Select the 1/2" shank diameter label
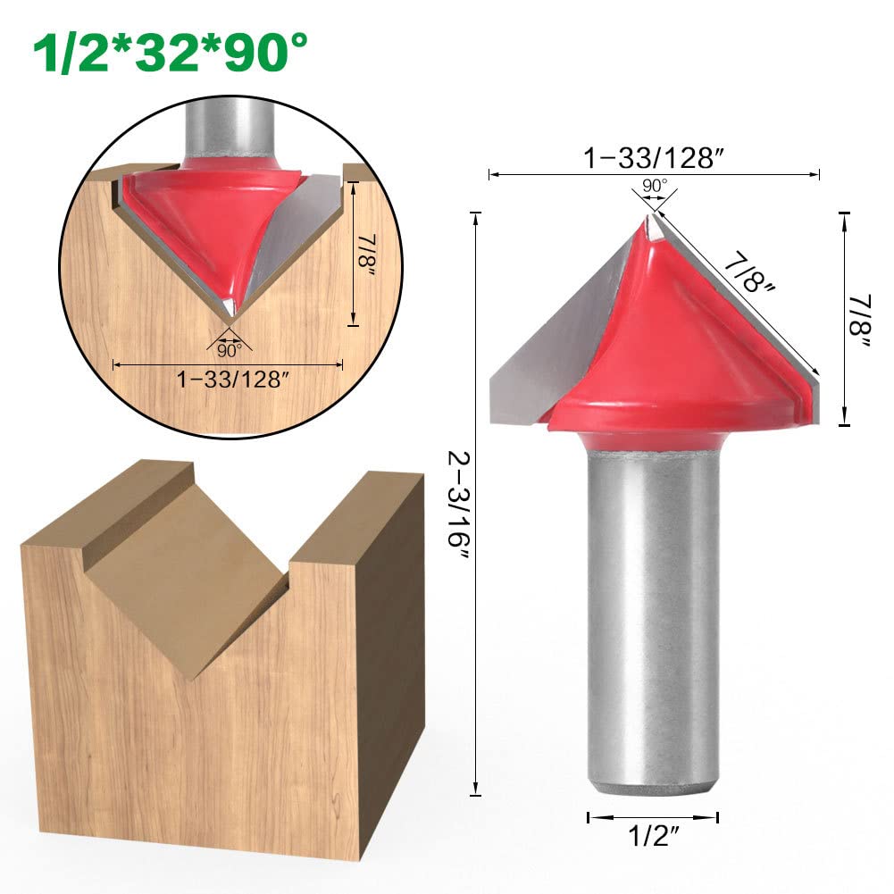[x=652, y=839]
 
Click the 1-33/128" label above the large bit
[x=653, y=159]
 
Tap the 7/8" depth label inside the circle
[x=367, y=254]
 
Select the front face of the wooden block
[x=179, y=732]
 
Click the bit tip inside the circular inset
[x=230, y=312]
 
